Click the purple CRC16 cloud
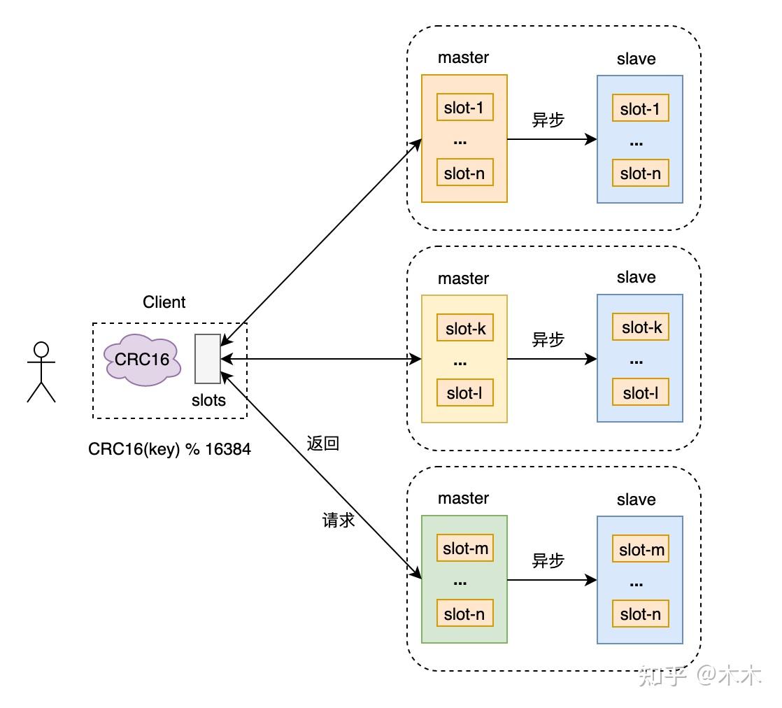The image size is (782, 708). click(142, 359)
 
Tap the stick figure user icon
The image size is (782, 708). click(41, 371)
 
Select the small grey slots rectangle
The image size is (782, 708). click(208, 359)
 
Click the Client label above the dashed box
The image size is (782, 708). click(164, 302)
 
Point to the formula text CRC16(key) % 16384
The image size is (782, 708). click(169, 449)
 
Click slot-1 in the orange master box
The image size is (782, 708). click(465, 107)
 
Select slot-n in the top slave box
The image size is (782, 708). click(641, 173)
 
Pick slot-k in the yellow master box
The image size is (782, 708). click(465, 328)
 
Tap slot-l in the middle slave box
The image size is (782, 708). click(641, 392)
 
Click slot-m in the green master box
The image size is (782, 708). click(465, 548)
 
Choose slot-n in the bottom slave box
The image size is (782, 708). click(641, 614)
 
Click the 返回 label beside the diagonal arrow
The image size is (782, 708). click(322, 443)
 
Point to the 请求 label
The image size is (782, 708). click(338, 520)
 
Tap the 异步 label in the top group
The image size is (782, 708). click(548, 120)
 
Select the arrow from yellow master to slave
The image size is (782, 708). click(552, 359)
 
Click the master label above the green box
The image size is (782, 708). click(463, 498)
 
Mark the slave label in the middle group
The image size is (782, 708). click(636, 277)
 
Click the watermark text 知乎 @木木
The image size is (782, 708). click(700, 675)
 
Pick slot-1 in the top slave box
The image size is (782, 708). click(641, 108)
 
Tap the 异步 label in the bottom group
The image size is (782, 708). click(548, 560)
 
